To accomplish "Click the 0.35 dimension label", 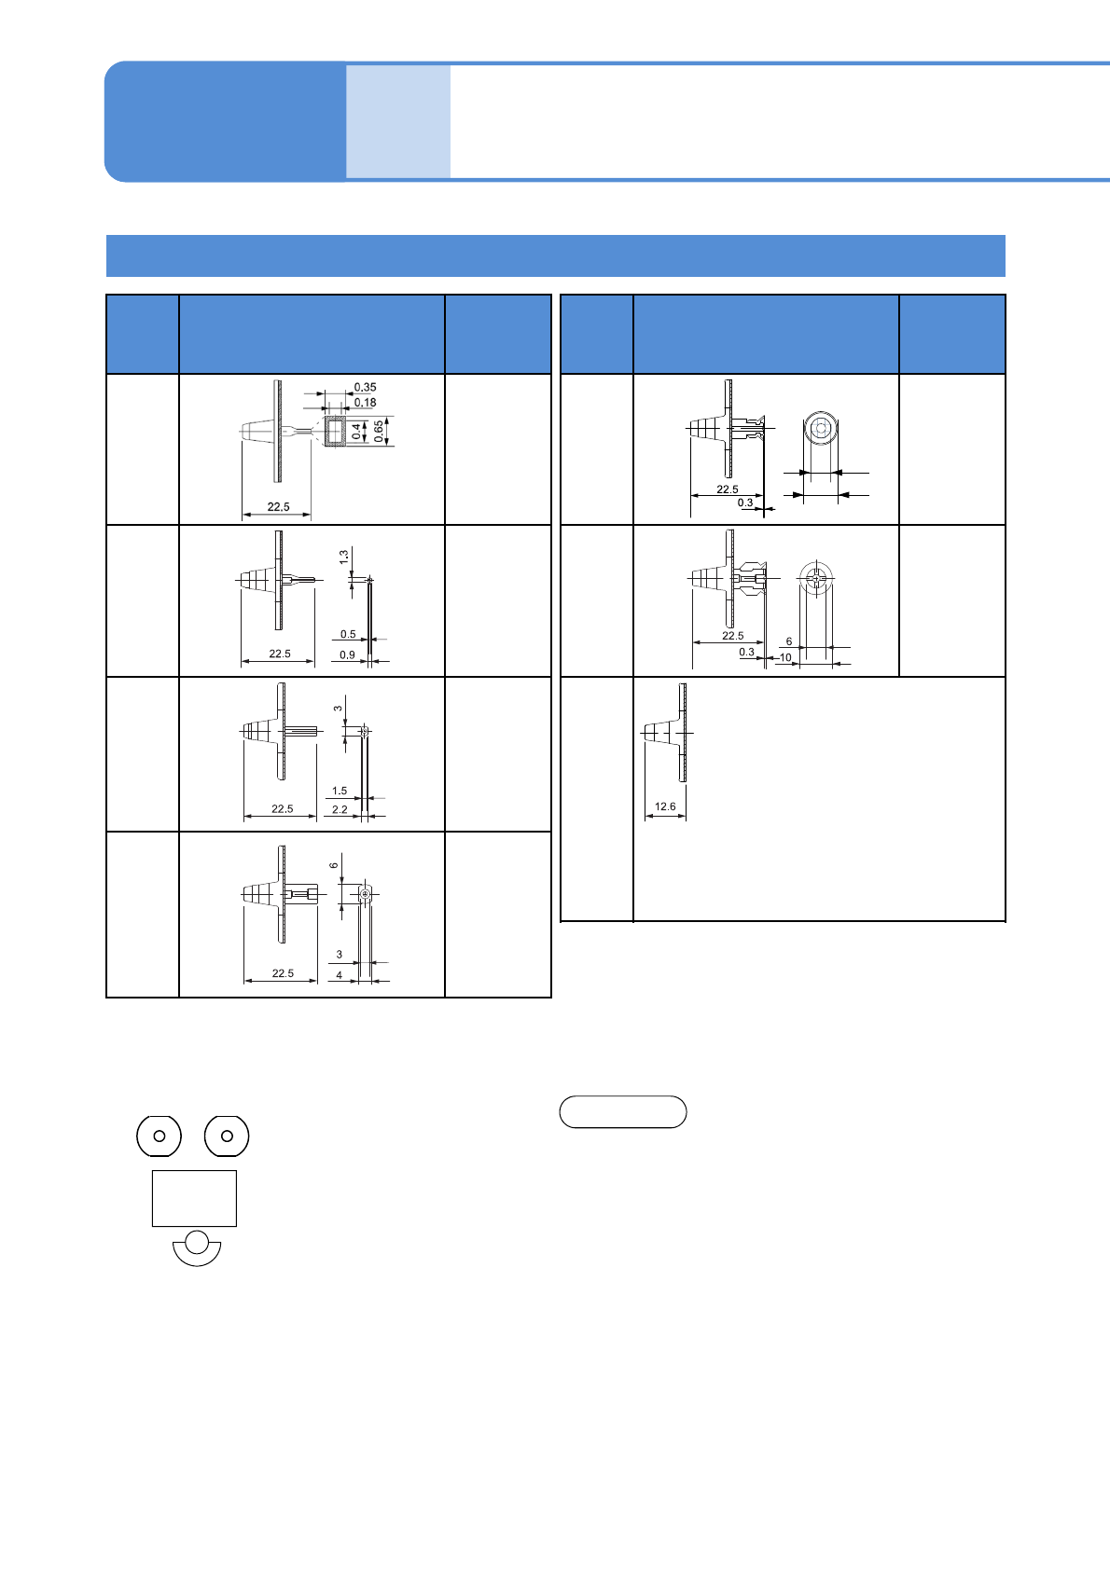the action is tap(365, 387).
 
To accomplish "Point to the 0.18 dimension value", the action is tap(365, 403).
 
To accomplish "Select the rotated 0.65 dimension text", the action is tap(378, 431).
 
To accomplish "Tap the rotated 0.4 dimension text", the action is tap(356, 432).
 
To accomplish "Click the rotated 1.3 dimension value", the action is tap(343, 557).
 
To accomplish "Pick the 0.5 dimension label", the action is tap(348, 634).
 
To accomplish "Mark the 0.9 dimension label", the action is tap(347, 654).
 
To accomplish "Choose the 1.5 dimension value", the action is tap(340, 791).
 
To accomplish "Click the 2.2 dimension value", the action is tap(340, 809).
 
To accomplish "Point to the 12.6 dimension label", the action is tap(665, 806).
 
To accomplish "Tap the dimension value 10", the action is tap(785, 657).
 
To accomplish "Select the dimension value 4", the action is tap(340, 975).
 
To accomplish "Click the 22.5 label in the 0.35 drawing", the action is tap(278, 507).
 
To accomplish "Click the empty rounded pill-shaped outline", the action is tap(623, 1112).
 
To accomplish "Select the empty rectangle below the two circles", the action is tap(194, 1198).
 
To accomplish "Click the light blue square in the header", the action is tap(398, 121).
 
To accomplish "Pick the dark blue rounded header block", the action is tap(225, 121).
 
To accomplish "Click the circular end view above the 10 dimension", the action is tap(815, 579).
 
